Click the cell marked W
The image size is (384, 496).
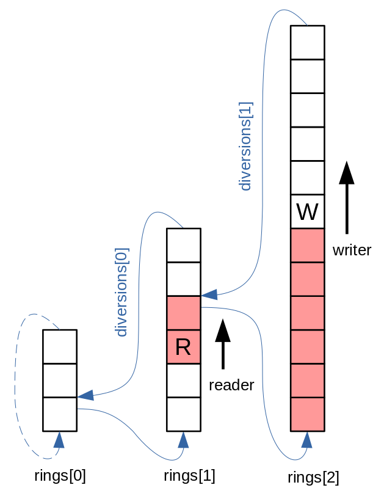307,212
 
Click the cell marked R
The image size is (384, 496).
183,347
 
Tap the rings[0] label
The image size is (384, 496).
60,475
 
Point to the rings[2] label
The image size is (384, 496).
313,476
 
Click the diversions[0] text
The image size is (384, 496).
121,292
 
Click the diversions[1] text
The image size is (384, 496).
246,146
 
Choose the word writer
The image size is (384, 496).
352,250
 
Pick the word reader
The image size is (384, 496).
231,385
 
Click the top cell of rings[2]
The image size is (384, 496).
307,42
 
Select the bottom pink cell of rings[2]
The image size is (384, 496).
307,414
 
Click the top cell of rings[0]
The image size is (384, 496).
59,346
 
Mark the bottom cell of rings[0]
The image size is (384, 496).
59,414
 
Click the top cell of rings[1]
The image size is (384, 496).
183,245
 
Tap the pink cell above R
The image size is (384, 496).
183,313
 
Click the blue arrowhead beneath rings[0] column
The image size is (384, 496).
59,440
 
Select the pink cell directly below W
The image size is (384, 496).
307,246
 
